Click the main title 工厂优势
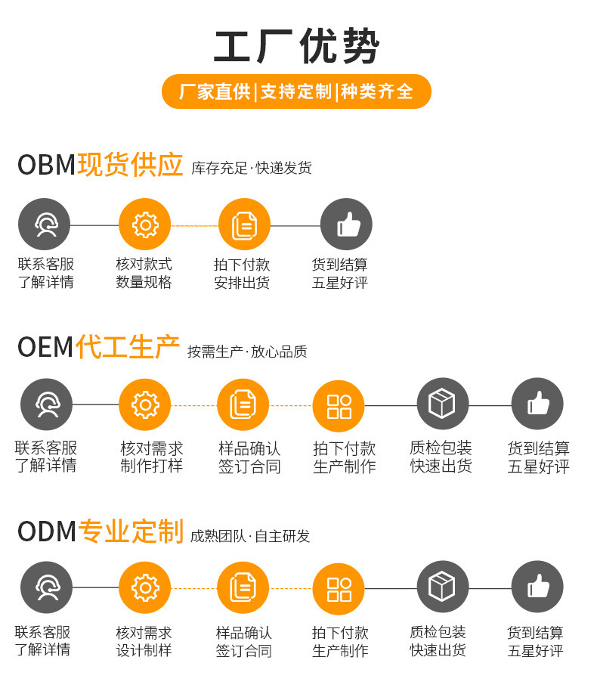pyautogui.click(x=296, y=47)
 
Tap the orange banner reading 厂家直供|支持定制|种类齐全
pyautogui.click(x=296, y=92)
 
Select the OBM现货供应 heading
pyautogui.click(x=100, y=165)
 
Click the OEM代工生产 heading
pyautogui.click(x=98, y=348)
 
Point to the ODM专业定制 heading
pyautogui.click(x=100, y=531)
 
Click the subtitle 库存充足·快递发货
pyautogui.click(x=252, y=168)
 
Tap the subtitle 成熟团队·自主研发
pyautogui.click(x=250, y=536)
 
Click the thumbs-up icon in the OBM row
pyautogui.click(x=346, y=225)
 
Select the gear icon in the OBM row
pyautogui.click(x=145, y=225)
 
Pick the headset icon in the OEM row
pyautogui.click(x=46, y=404)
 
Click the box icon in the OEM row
pyautogui.click(x=442, y=404)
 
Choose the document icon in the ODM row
pyautogui.click(x=243, y=587)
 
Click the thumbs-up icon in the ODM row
pyautogui.click(x=537, y=587)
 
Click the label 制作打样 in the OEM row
pyautogui.click(x=151, y=466)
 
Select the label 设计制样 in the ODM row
pyautogui.click(x=144, y=650)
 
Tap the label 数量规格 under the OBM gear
pyautogui.click(x=144, y=283)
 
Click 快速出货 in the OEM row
pyautogui.click(x=441, y=466)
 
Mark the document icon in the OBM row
pyautogui.click(x=244, y=225)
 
